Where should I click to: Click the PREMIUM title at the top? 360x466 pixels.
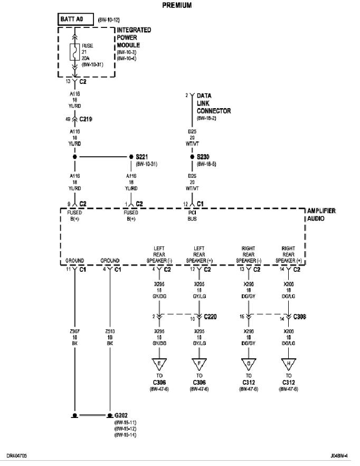click(176, 5)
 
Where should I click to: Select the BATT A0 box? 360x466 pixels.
click(75, 20)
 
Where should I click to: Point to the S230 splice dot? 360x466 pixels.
click(192, 157)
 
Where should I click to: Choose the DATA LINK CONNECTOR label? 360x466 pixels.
click(213, 103)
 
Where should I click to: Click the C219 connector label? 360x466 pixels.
click(86, 120)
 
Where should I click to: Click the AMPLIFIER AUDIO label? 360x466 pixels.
click(321, 214)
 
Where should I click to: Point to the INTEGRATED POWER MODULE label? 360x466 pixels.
click(134, 37)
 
